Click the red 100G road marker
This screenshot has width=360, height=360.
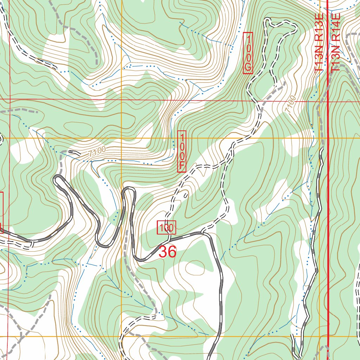(x=248, y=53)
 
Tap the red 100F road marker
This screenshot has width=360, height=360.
(x=181, y=151)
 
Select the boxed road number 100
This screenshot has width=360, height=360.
(x=166, y=227)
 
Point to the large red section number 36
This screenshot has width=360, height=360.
(x=167, y=252)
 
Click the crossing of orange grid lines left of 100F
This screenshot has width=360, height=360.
(x=121, y=138)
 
